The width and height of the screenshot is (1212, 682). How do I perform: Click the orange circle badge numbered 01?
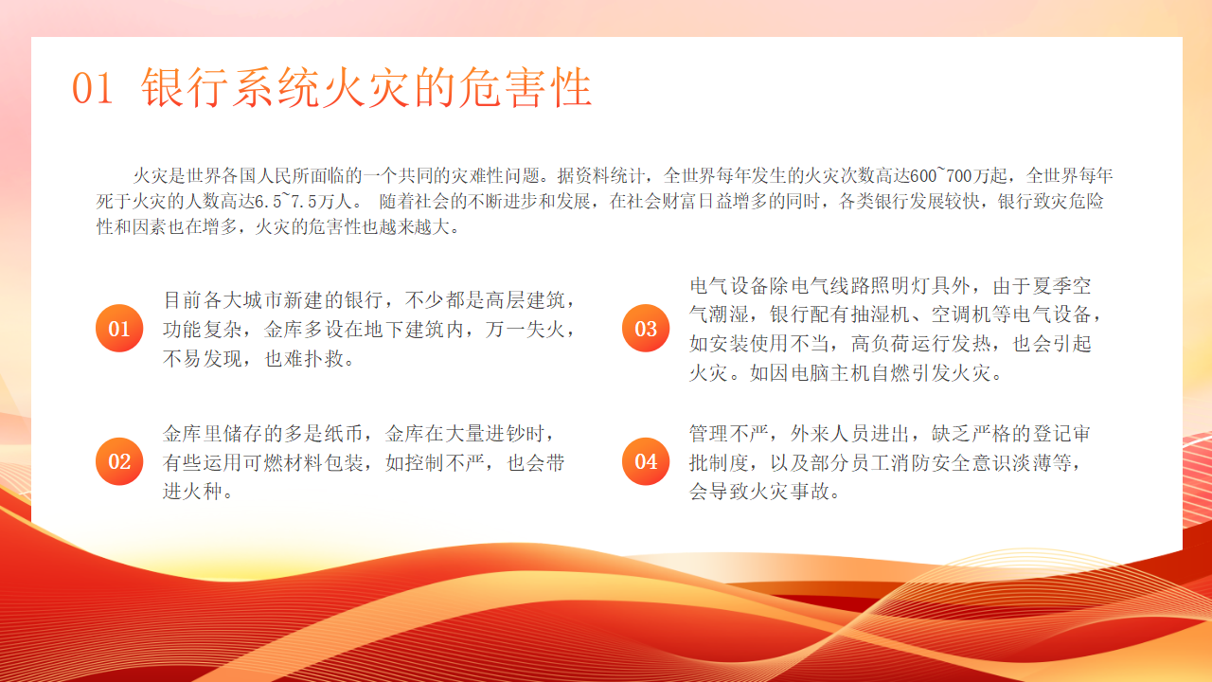[119, 328]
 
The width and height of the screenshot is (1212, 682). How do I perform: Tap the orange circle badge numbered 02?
[119, 461]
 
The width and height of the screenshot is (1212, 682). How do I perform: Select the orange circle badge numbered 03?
[646, 328]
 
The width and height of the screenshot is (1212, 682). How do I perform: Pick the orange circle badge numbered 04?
[646, 461]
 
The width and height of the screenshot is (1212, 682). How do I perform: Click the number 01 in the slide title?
[93, 88]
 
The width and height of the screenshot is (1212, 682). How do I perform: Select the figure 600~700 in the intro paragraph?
[941, 175]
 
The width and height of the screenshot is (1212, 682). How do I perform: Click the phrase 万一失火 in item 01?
[525, 329]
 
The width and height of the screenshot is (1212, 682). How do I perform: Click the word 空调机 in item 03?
[960, 314]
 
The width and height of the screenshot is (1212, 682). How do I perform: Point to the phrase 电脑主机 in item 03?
[830, 373]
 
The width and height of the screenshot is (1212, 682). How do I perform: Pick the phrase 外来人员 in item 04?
[830, 434]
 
